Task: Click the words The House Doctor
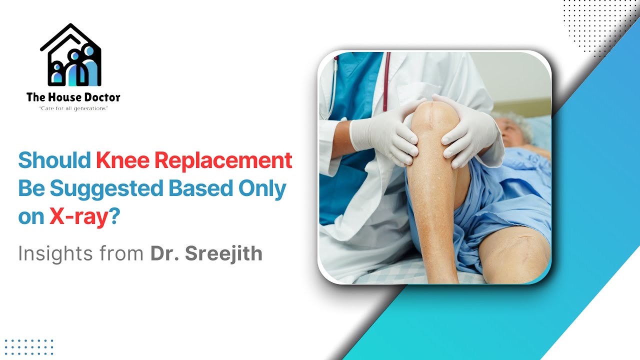click(73, 97)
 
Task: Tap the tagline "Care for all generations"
click(73, 108)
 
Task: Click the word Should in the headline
click(54, 161)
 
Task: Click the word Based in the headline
click(198, 189)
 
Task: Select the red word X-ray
click(78, 217)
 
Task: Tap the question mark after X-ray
click(114, 217)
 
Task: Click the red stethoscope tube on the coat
click(386, 80)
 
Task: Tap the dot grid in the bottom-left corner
click(28, 346)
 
